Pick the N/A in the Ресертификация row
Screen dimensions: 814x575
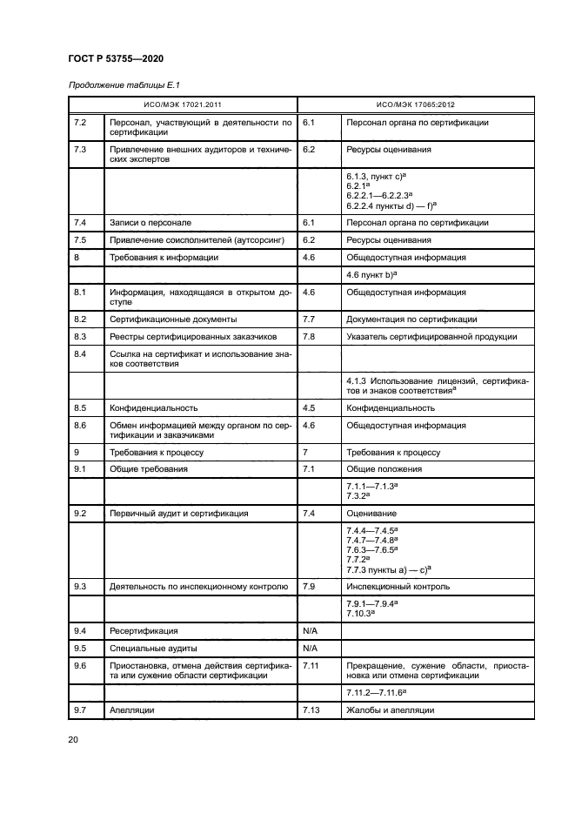[x=310, y=629]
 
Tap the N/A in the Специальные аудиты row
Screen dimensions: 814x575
[x=310, y=648]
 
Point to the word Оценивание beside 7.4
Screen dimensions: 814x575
[x=371, y=514]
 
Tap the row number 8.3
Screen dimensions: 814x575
[x=81, y=336]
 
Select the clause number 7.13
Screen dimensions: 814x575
[x=310, y=711]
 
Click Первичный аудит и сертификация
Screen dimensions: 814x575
[x=178, y=514]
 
